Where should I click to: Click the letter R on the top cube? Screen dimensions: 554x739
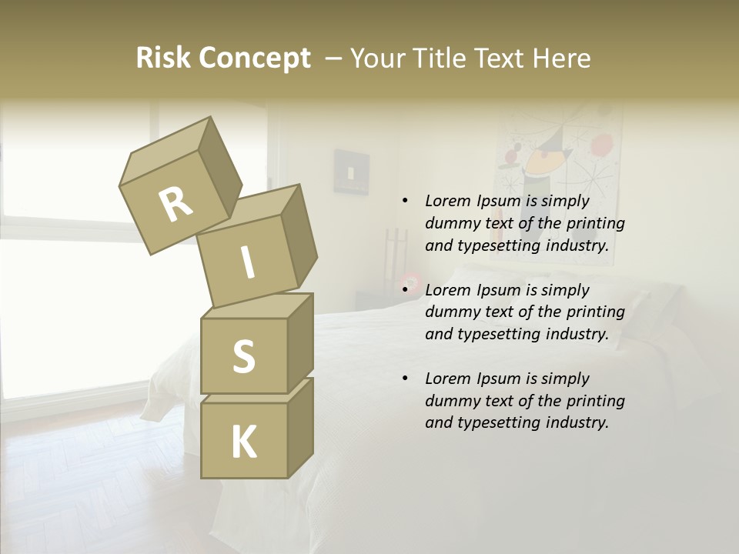(176, 205)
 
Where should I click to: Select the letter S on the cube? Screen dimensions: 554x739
(243, 356)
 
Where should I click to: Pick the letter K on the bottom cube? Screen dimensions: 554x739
(243, 442)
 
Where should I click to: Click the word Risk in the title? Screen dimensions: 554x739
(162, 58)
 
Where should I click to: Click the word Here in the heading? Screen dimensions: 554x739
(561, 58)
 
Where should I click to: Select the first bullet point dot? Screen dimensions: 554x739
(405, 201)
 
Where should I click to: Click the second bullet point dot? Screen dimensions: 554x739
(405, 290)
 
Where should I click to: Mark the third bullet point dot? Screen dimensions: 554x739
(405, 379)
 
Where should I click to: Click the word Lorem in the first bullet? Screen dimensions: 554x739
(447, 201)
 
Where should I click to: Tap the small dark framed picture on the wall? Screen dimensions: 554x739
(351, 171)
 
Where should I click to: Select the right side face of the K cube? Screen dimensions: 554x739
(299, 427)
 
